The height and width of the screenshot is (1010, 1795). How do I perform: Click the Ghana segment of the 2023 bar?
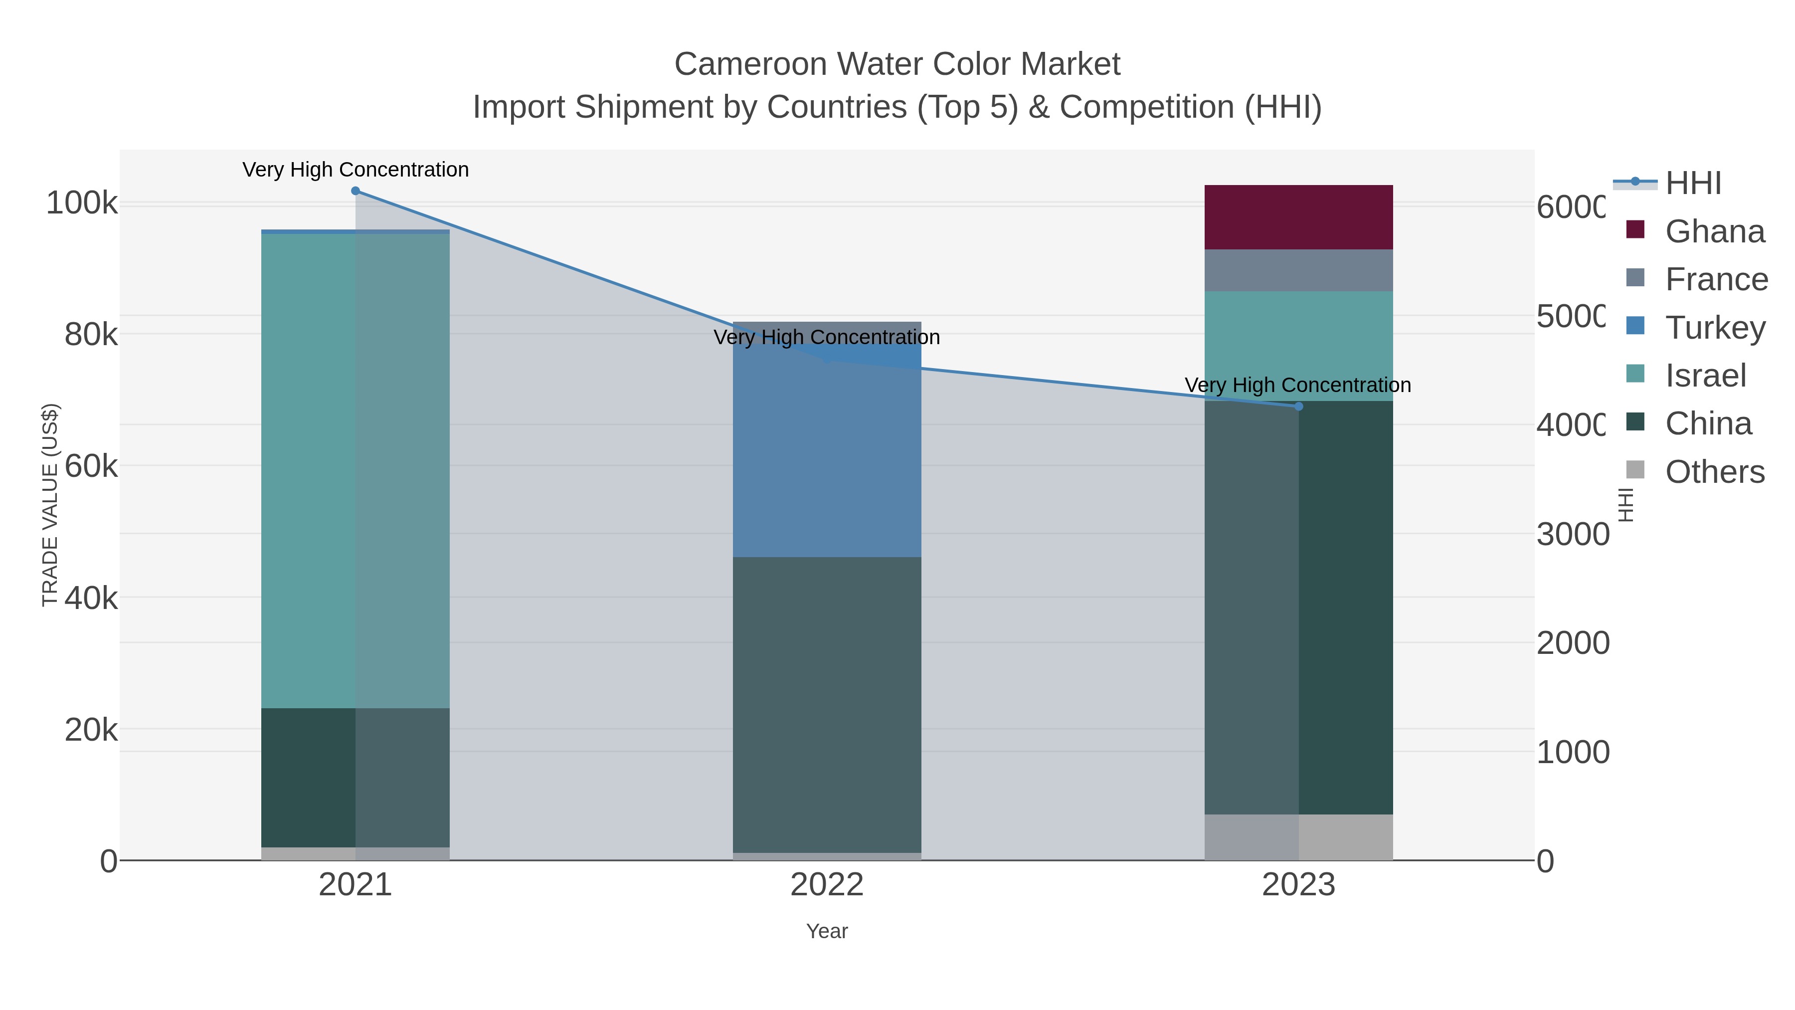click(x=1298, y=217)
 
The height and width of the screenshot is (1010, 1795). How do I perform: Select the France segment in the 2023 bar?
click(x=1298, y=270)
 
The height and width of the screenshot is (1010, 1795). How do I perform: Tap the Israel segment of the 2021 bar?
click(x=356, y=470)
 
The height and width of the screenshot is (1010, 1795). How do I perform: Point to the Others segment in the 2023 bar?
click(x=1298, y=836)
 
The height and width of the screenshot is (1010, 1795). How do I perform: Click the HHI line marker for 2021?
click(x=356, y=191)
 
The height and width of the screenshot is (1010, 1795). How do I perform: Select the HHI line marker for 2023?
click(x=1298, y=406)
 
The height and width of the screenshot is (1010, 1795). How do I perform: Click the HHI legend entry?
click(x=1693, y=184)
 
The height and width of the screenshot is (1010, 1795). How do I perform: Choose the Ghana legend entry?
click(x=1714, y=231)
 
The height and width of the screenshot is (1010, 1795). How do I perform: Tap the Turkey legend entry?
click(x=1714, y=328)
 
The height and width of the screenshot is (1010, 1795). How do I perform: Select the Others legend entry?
click(x=1714, y=472)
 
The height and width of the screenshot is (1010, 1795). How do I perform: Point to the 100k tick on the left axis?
click(x=82, y=203)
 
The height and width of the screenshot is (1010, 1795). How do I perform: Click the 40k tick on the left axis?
click(x=91, y=598)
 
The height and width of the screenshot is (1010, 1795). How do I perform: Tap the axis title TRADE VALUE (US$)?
click(x=50, y=505)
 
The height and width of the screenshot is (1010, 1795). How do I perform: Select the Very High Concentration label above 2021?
click(x=356, y=170)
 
